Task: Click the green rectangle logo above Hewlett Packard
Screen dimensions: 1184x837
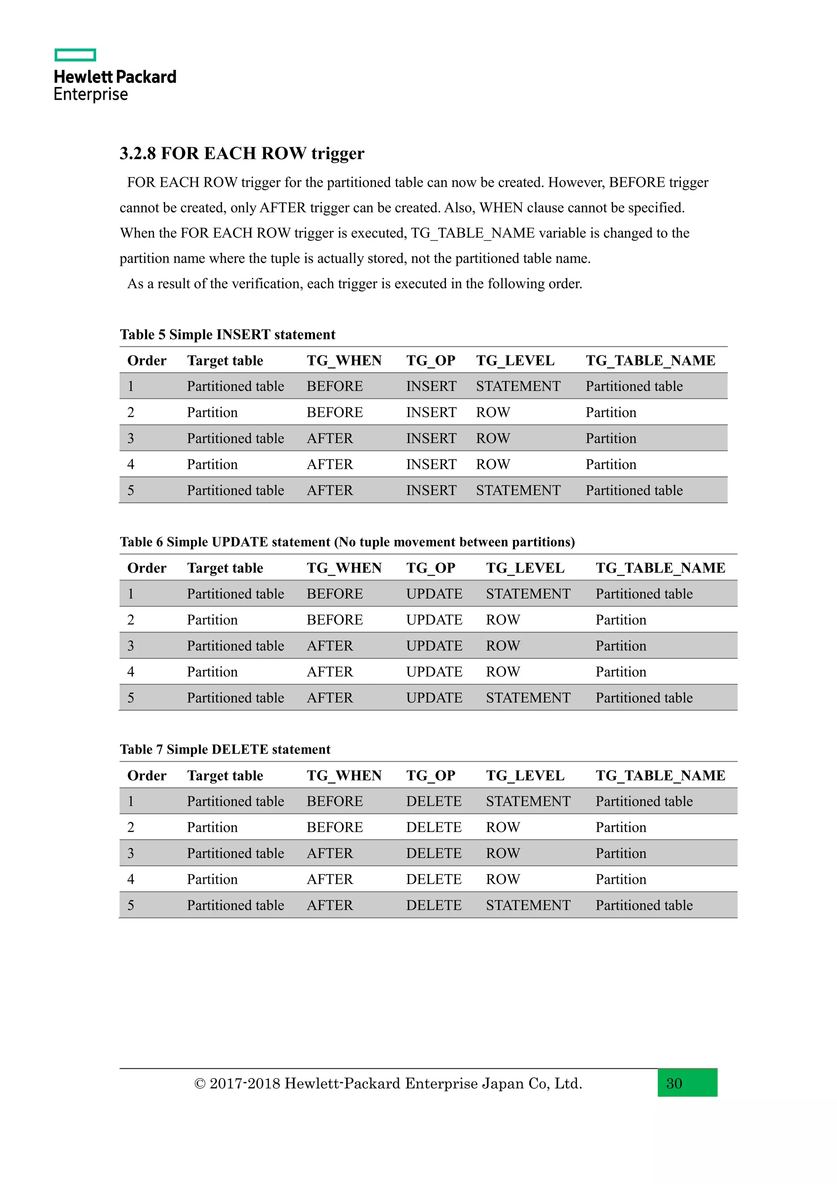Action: click(x=75, y=55)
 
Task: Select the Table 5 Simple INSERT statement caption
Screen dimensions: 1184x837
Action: click(x=227, y=335)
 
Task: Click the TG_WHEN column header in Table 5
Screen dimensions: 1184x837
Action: click(x=344, y=361)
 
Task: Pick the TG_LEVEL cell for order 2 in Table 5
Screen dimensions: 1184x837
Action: click(x=493, y=413)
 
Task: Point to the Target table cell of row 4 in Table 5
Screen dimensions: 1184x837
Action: click(x=213, y=464)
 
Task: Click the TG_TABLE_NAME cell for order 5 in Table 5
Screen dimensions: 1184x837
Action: click(x=634, y=491)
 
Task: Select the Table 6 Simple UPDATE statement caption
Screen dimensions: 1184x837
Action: click(x=347, y=542)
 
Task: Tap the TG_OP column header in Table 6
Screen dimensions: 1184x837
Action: click(x=430, y=568)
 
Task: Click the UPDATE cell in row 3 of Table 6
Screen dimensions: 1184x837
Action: click(x=434, y=646)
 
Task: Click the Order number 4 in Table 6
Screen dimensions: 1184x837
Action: click(x=131, y=672)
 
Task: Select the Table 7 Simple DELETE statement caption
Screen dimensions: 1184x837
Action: click(x=225, y=749)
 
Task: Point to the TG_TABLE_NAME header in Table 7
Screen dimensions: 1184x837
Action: click(x=660, y=776)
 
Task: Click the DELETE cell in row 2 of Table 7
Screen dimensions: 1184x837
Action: click(x=434, y=827)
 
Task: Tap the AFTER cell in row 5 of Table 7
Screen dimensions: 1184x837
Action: click(x=330, y=905)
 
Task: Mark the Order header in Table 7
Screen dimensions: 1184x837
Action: click(x=147, y=776)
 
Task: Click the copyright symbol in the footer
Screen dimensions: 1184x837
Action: click(x=200, y=1083)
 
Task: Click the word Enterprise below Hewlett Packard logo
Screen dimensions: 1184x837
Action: click(x=91, y=94)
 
